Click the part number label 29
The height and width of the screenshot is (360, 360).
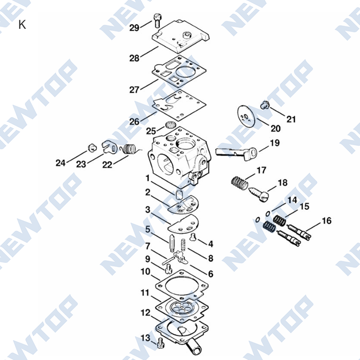[x=135, y=27]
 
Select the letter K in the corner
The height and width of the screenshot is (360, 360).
[x=22, y=25]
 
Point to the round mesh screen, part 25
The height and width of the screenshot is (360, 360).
[x=171, y=126]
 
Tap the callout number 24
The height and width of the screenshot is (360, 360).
[x=61, y=163]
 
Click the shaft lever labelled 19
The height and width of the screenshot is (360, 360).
[x=236, y=153]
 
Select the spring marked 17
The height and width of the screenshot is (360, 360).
[x=239, y=183]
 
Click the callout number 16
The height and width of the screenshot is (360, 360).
[x=327, y=220]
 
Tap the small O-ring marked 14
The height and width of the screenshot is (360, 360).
[x=268, y=214]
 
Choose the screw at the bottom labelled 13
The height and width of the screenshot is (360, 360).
[x=161, y=344]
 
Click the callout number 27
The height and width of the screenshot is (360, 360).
[x=135, y=90]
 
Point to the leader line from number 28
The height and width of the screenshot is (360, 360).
[x=149, y=52]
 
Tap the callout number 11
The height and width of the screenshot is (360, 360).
[x=145, y=293]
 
